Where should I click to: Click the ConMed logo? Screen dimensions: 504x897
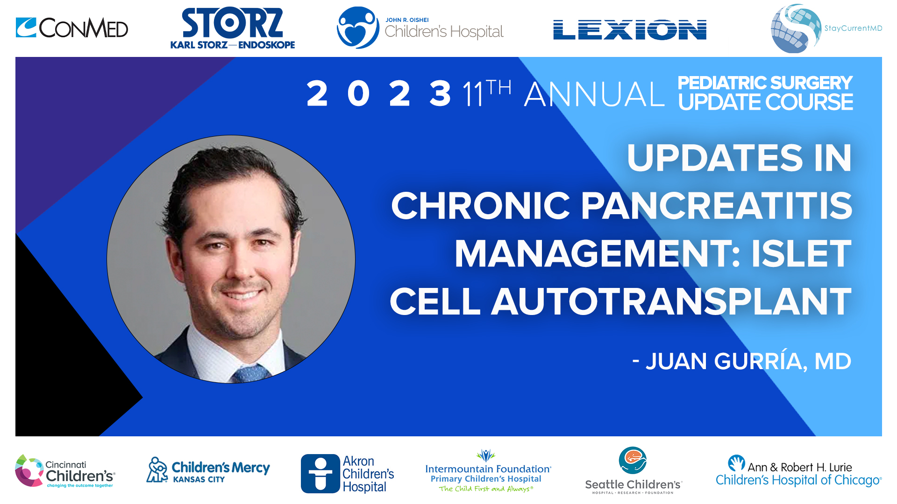(71, 28)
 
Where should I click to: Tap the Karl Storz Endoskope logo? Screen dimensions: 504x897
(232, 28)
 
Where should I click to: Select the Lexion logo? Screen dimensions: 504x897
(629, 30)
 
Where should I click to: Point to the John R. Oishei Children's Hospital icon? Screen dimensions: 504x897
(357, 28)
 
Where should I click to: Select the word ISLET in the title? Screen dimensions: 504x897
(801, 254)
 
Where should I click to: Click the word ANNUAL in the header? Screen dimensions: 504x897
(594, 94)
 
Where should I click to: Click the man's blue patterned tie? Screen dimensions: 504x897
(251, 374)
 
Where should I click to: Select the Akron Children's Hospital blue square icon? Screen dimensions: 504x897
(320, 474)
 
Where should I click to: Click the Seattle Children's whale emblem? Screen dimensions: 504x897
(633, 460)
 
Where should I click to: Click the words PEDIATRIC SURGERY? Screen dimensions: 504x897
(765, 83)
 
